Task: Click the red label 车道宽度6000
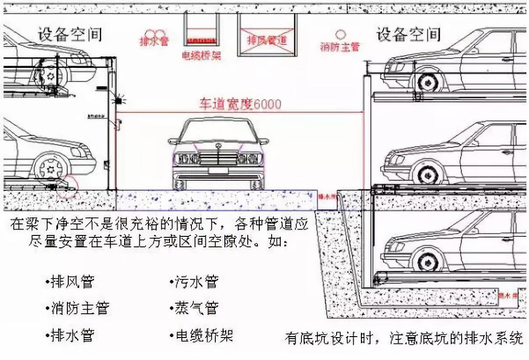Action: [240, 104]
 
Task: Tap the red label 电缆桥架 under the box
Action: [201, 56]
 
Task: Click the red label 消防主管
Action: [340, 47]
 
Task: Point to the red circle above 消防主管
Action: [340, 34]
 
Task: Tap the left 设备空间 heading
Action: [70, 34]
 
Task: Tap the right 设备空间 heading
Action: [408, 34]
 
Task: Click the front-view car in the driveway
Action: [218, 153]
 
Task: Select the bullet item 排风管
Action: [72, 282]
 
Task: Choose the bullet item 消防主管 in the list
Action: [79, 308]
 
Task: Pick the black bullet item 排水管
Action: [72, 335]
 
